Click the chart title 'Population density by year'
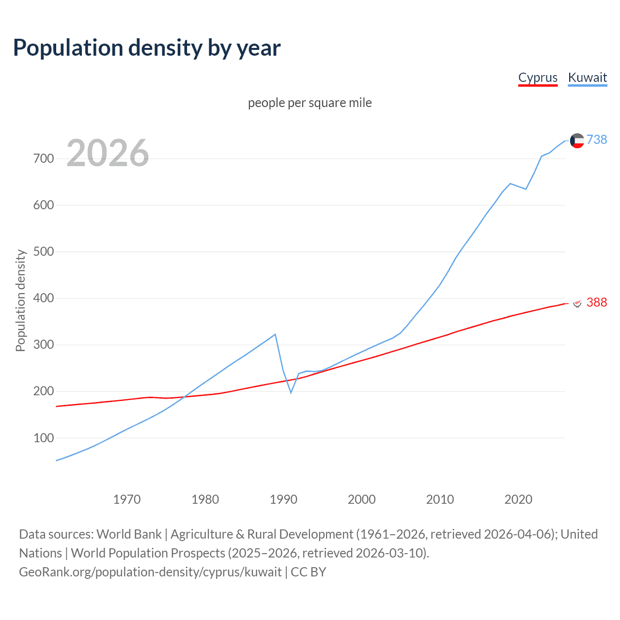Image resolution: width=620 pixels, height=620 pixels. coord(147,48)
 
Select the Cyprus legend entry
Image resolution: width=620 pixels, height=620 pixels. coord(538,77)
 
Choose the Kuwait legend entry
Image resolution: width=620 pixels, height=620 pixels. coord(587,77)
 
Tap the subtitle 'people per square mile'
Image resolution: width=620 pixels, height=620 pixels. coord(310,103)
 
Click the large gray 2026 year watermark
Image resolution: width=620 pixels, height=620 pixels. coord(108,153)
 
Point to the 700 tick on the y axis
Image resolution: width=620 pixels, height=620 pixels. coord(44,158)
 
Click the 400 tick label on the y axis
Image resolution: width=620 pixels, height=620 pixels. coord(44,298)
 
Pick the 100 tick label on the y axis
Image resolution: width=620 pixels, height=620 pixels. coord(44,438)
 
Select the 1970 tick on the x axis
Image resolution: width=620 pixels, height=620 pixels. coord(127,499)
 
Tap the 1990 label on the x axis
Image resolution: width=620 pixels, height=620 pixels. coord(283,499)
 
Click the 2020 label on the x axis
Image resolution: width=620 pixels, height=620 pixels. coord(518,499)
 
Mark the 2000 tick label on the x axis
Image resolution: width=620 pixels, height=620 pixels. coord(362,499)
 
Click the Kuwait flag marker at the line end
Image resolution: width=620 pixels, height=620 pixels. coord(577,140)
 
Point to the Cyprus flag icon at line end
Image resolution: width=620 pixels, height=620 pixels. coord(577,303)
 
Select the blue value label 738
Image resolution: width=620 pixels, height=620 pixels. coord(597,139)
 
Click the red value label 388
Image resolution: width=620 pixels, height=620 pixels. coord(597,302)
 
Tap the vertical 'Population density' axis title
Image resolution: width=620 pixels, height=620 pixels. coord(20,300)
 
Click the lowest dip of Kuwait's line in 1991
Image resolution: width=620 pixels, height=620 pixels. coord(291,392)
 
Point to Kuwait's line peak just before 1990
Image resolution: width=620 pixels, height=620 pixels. coord(275,334)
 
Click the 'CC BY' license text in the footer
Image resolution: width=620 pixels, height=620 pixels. coord(309,572)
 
